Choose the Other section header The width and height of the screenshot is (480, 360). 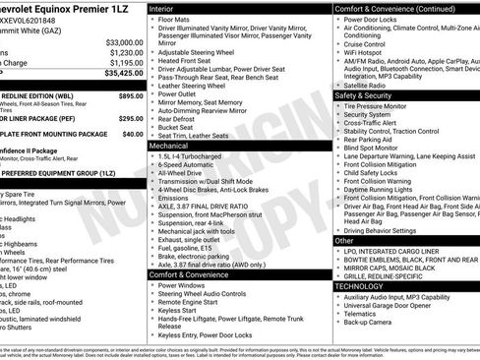(344, 240)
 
